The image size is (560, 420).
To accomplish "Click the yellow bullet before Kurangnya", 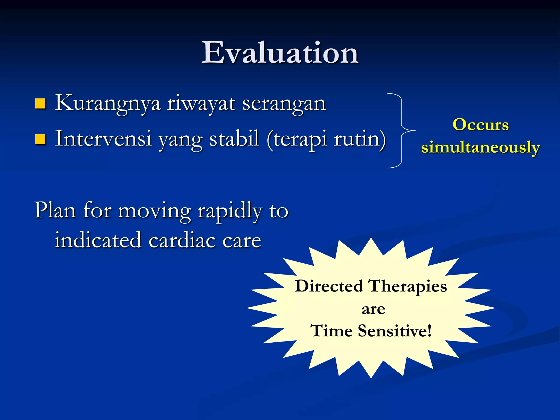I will point(40,104).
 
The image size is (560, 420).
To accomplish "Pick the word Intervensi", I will point(103,139).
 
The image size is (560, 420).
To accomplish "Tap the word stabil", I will point(234,139).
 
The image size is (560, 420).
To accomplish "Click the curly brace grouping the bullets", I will point(401,130).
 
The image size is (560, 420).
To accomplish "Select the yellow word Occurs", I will point(480,125).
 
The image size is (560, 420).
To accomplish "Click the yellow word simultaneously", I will point(480,148).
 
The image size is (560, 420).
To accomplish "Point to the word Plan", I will point(55,211).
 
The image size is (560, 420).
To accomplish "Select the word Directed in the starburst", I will point(329,286).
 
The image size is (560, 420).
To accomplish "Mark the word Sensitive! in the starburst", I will point(395,331).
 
